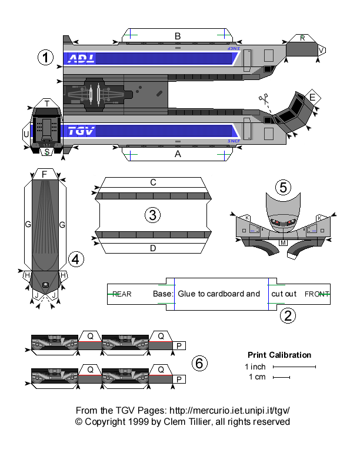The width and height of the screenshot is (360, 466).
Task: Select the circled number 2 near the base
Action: click(287, 315)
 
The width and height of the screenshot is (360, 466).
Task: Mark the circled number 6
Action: click(199, 364)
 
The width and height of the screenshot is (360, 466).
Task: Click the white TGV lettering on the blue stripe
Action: click(81, 131)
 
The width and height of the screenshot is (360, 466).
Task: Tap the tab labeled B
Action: click(177, 36)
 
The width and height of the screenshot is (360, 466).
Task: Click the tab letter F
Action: click(44, 174)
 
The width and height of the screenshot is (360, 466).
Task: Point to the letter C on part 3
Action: click(153, 182)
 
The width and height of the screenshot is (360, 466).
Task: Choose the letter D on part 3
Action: click(153, 248)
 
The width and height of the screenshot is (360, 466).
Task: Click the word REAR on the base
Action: click(122, 294)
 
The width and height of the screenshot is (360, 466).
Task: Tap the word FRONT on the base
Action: click(317, 294)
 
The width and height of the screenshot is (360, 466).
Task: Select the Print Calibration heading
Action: click(279, 355)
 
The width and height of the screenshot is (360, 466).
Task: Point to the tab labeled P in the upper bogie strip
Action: click(179, 347)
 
